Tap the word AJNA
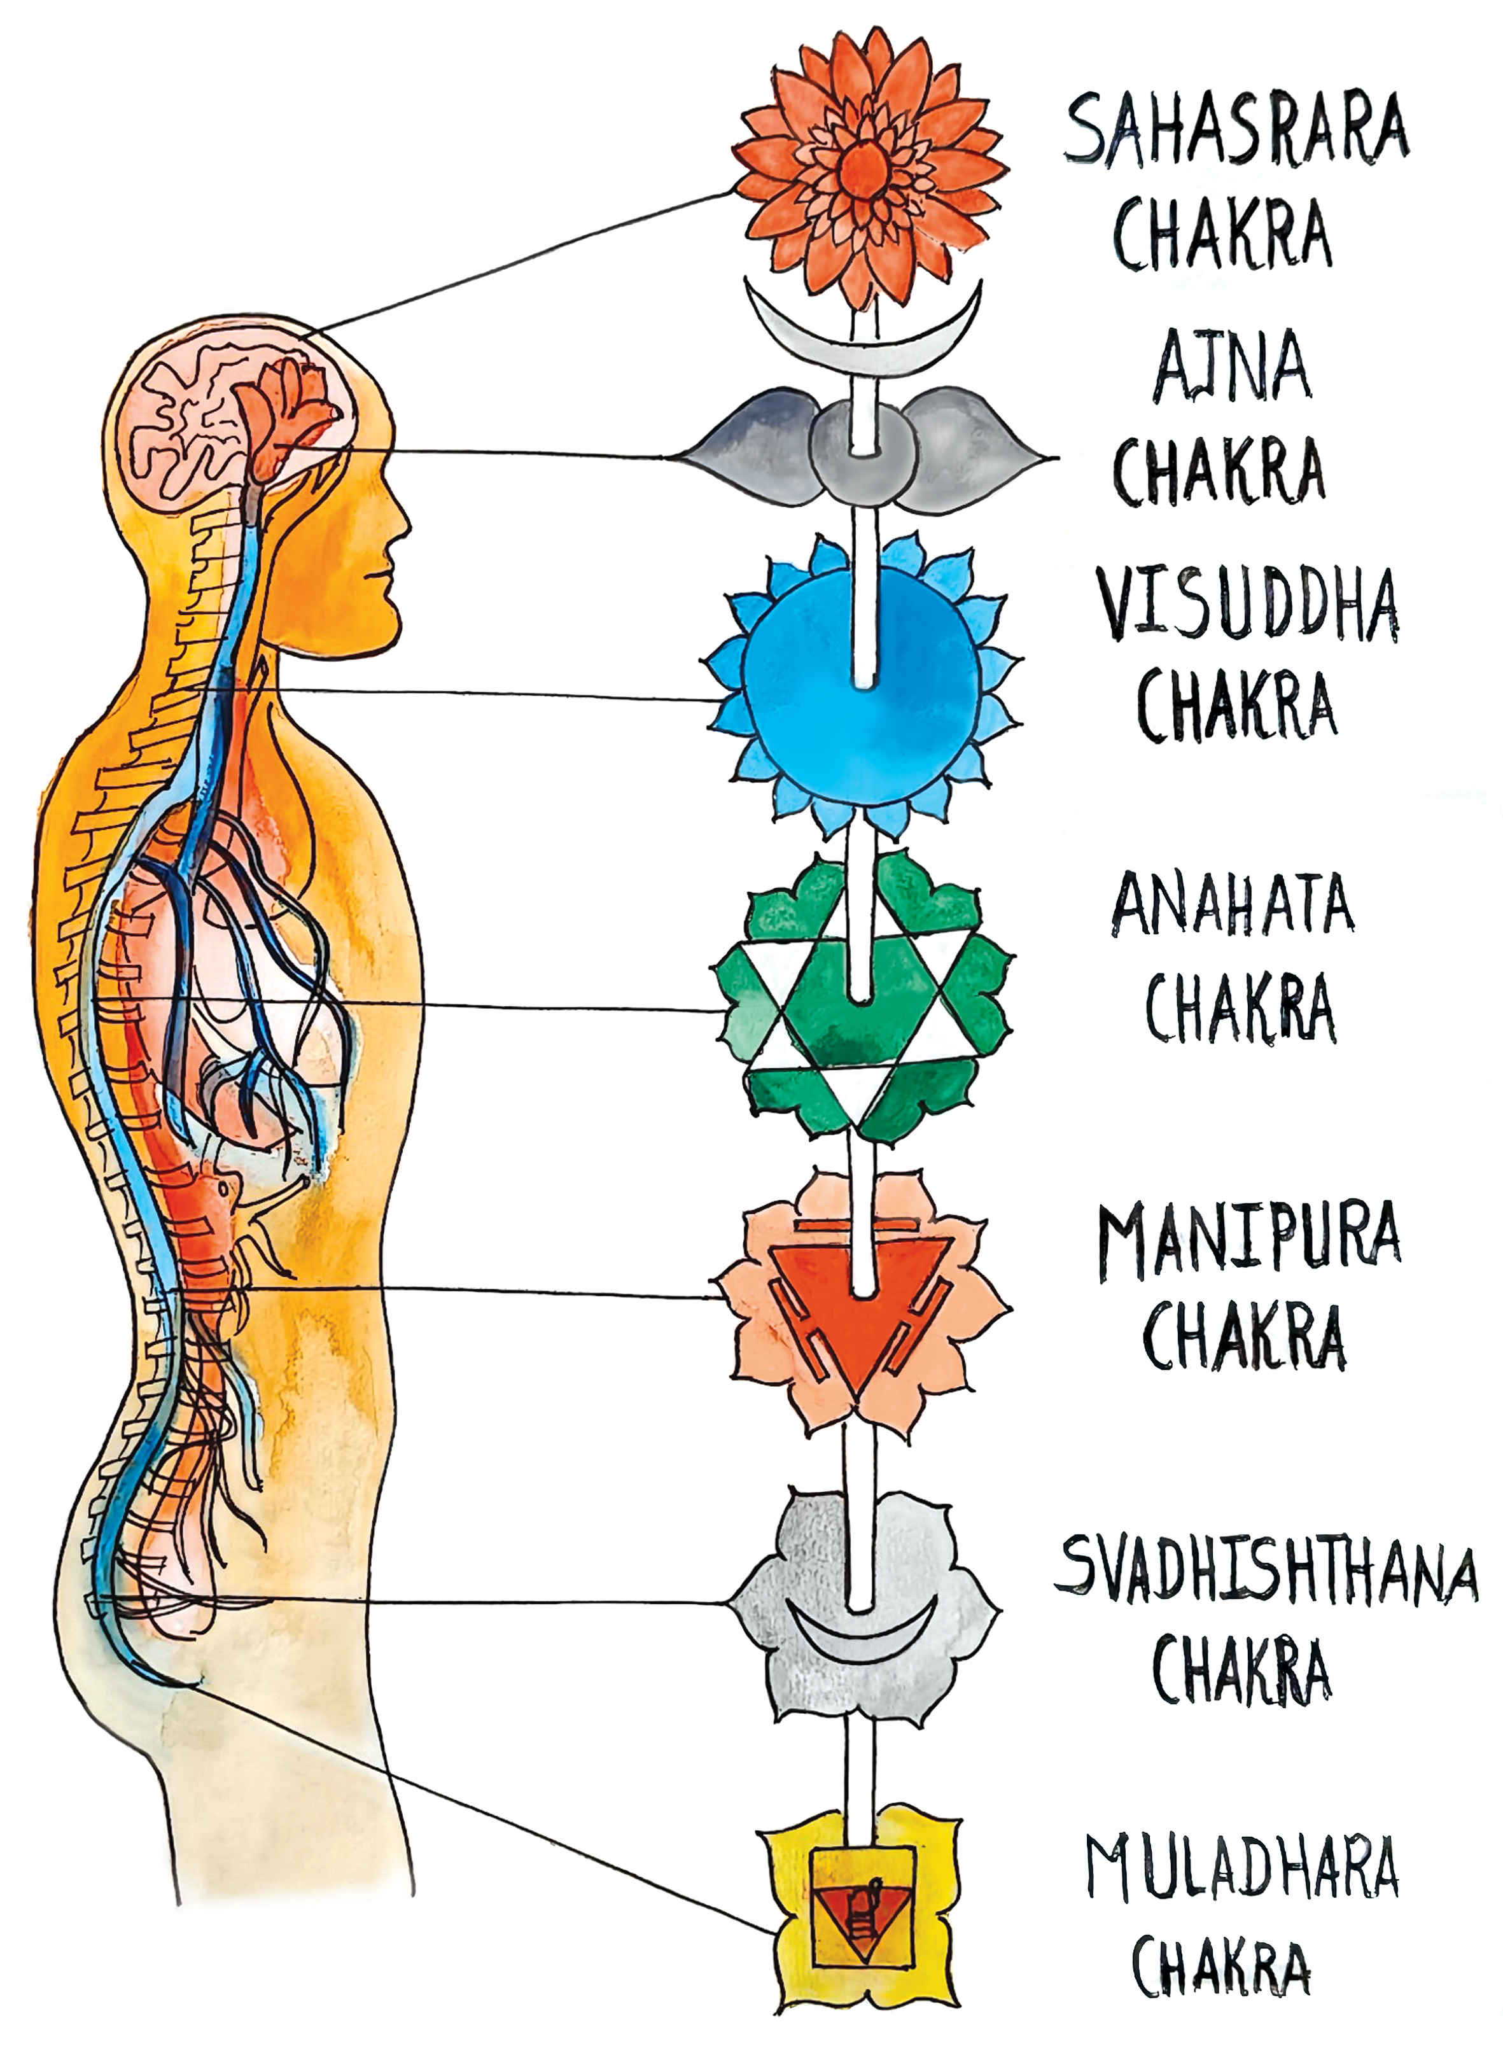coord(1231,367)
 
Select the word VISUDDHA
coord(1248,603)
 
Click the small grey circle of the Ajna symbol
coord(862,453)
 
